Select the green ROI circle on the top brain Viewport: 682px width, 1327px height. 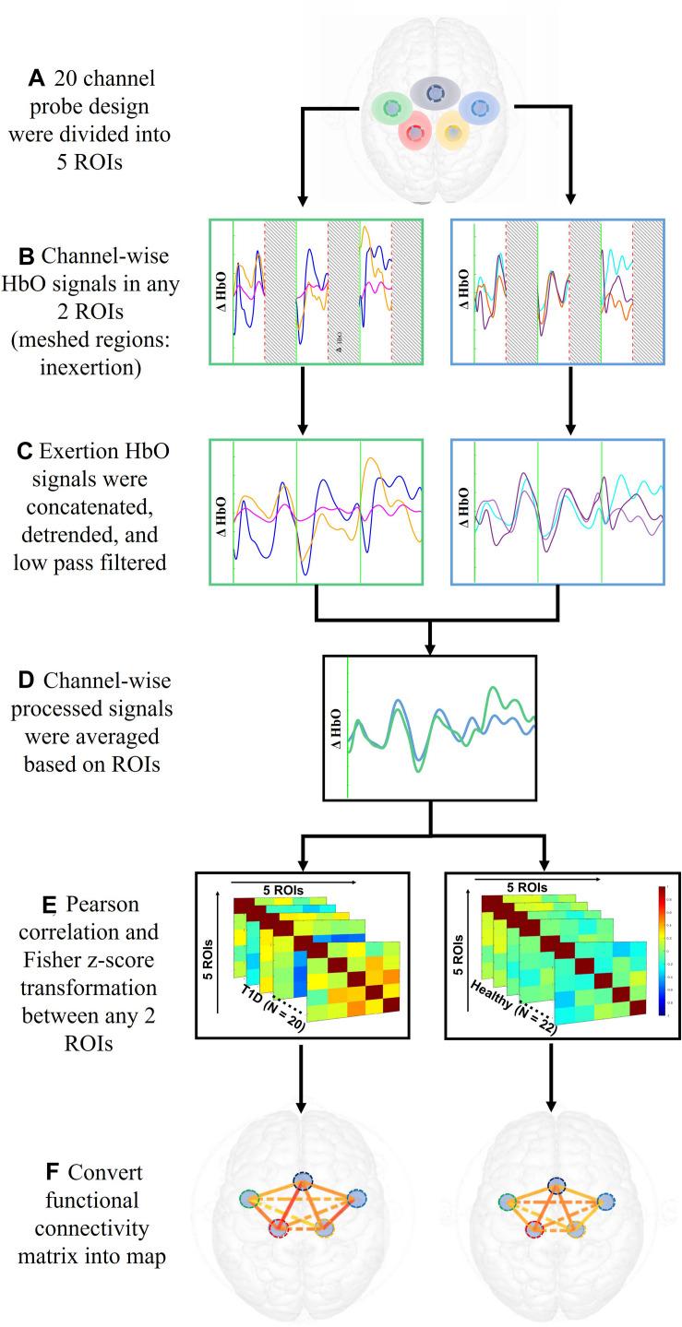(x=392, y=109)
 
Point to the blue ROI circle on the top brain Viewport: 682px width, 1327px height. (x=478, y=109)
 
